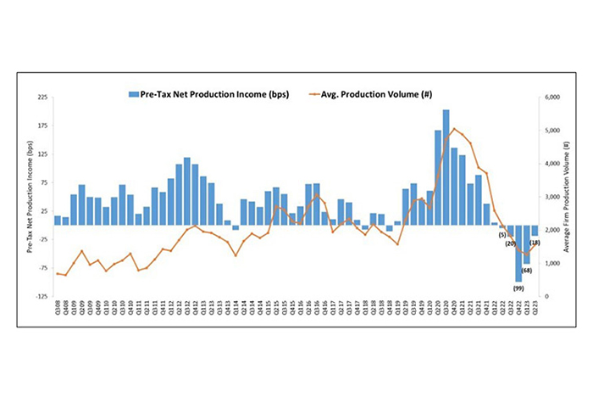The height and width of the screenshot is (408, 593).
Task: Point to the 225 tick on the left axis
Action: [42, 98]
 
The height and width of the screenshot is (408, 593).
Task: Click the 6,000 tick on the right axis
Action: [551, 98]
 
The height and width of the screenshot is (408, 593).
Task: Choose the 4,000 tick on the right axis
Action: [551, 164]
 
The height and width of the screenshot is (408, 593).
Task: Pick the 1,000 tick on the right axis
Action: [551, 264]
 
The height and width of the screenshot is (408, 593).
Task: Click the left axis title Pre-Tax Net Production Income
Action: [30, 197]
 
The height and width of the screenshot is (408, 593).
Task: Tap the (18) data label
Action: [535, 243]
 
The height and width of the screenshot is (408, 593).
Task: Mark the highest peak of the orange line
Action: [454, 129]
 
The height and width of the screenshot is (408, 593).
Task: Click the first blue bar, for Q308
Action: [58, 221]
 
